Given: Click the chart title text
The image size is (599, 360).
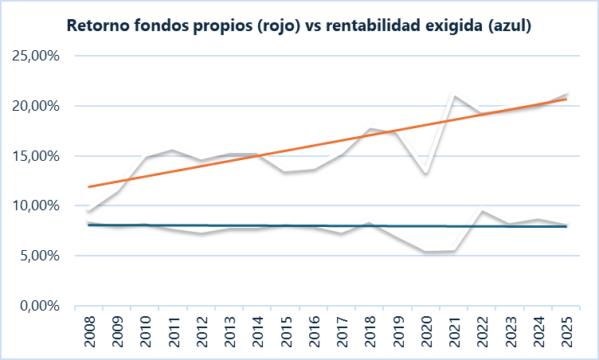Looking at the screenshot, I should click(x=299, y=26).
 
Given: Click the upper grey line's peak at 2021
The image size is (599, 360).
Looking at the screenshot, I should click(x=454, y=96).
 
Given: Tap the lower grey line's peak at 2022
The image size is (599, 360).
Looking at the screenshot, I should click(x=482, y=211).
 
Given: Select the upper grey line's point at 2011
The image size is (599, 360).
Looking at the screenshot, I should click(x=174, y=151).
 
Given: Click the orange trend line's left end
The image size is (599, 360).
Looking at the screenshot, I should click(x=89, y=186).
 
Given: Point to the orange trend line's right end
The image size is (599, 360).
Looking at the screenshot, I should click(x=566, y=99).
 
